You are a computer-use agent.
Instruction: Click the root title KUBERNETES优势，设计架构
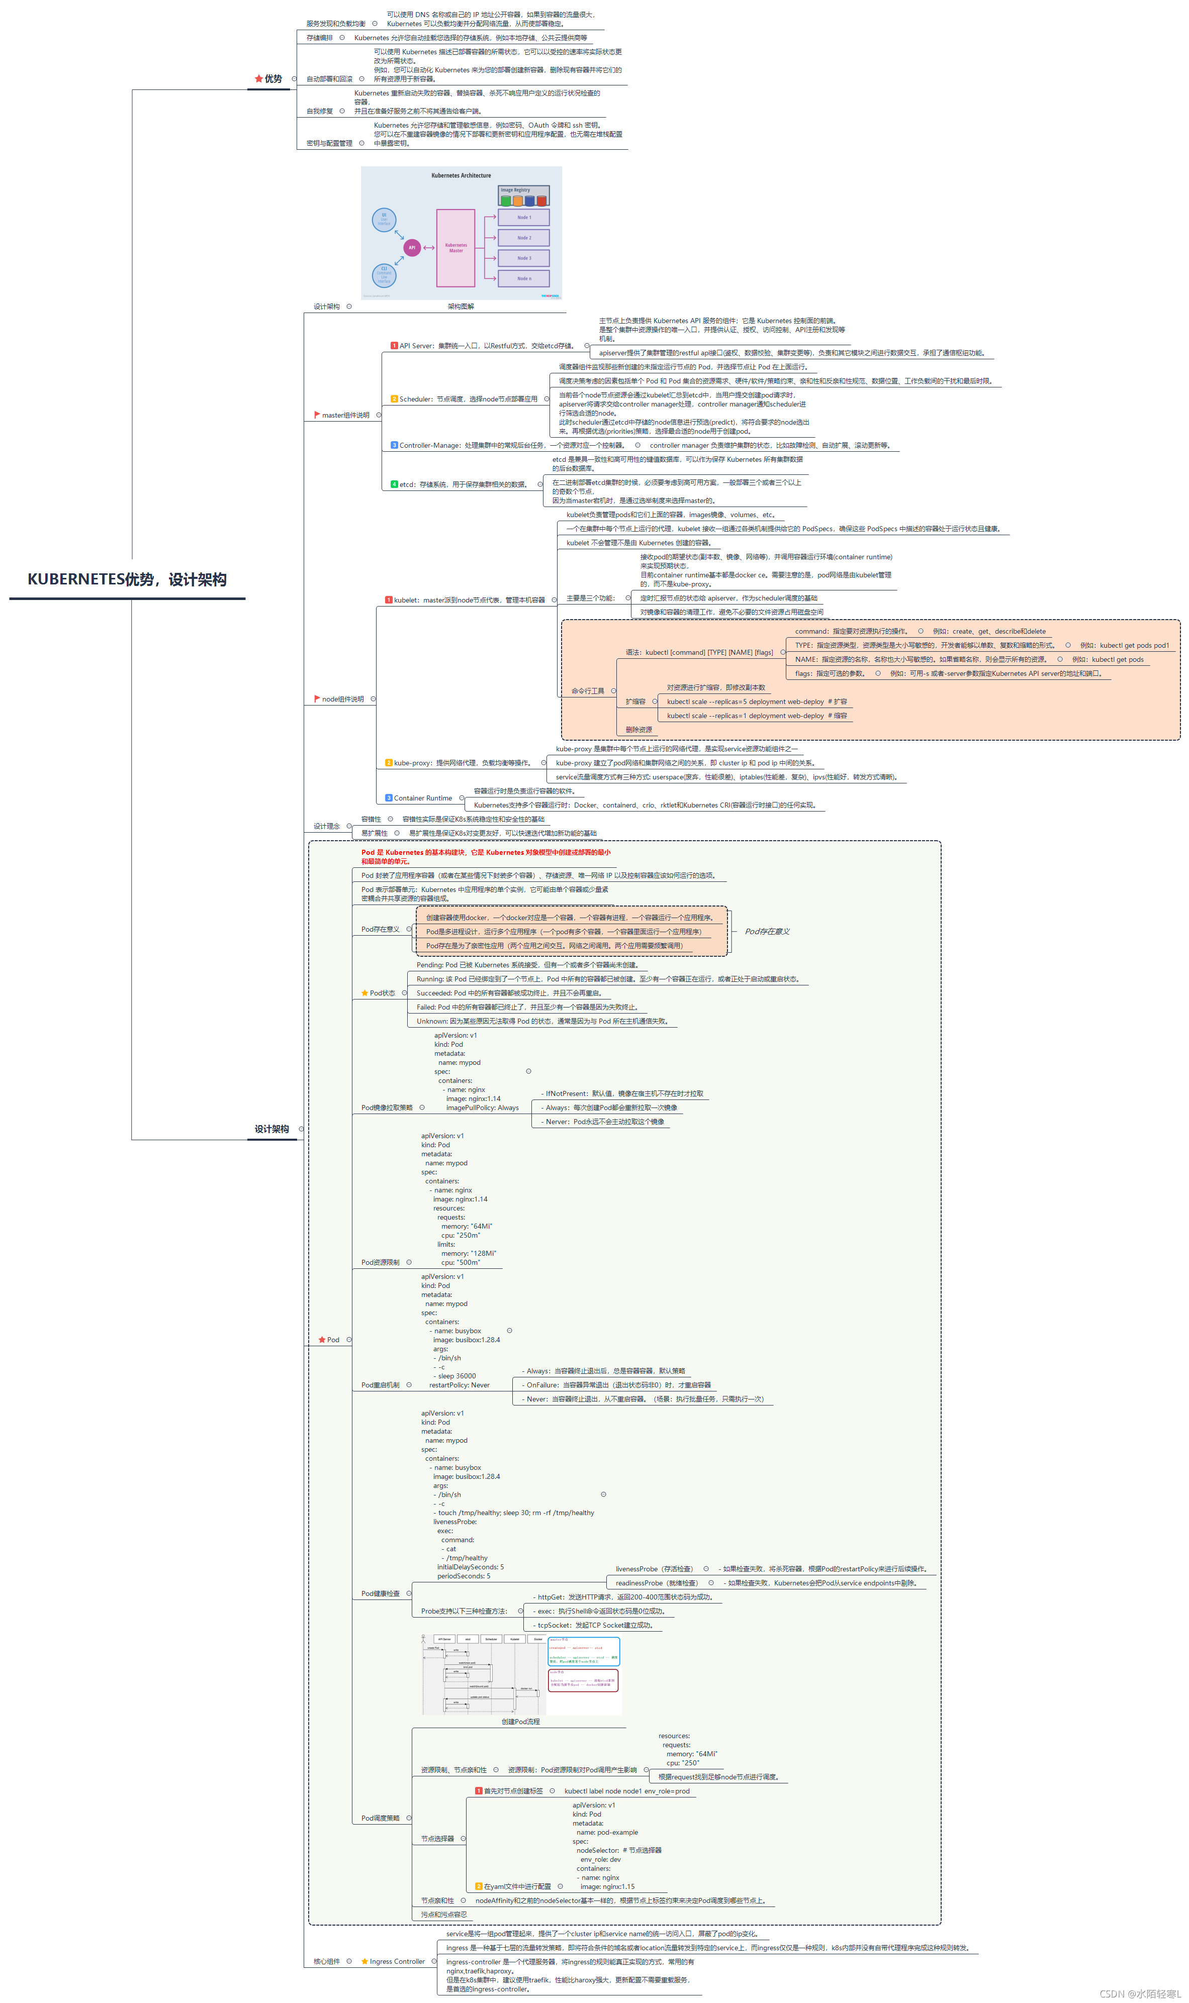127,579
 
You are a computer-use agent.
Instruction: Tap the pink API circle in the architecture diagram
412,247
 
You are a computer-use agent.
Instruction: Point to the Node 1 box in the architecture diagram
523,217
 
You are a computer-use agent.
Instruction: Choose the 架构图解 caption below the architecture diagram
461,306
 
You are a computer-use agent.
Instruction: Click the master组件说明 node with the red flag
345,415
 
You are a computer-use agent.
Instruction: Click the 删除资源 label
638,730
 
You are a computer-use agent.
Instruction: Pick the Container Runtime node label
422,797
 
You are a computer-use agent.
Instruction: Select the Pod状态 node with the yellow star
382,993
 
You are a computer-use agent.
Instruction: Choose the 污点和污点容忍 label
444,1914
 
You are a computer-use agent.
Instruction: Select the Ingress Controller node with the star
397,1961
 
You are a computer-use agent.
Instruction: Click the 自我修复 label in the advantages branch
320,112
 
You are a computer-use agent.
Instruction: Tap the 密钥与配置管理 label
329,143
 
